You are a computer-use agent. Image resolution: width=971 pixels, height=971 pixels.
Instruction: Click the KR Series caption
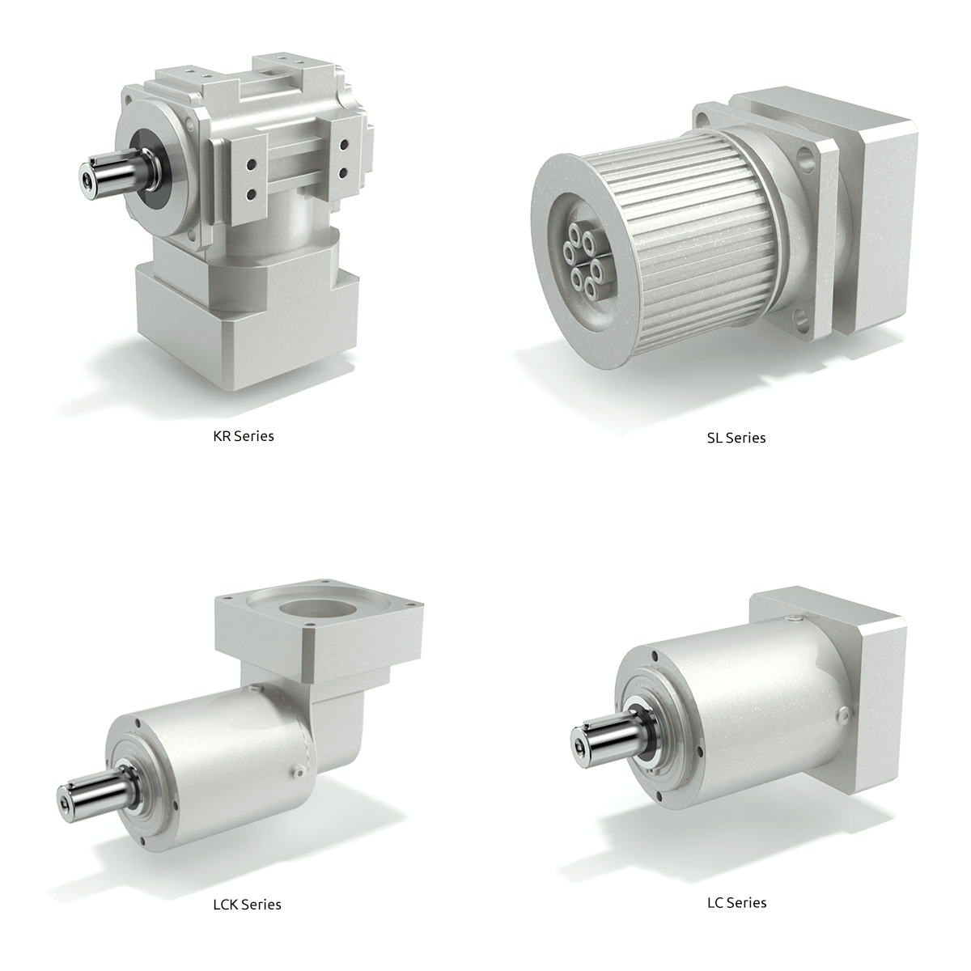[244, 436]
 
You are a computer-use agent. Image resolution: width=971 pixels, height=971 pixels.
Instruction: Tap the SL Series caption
[736, 438]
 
